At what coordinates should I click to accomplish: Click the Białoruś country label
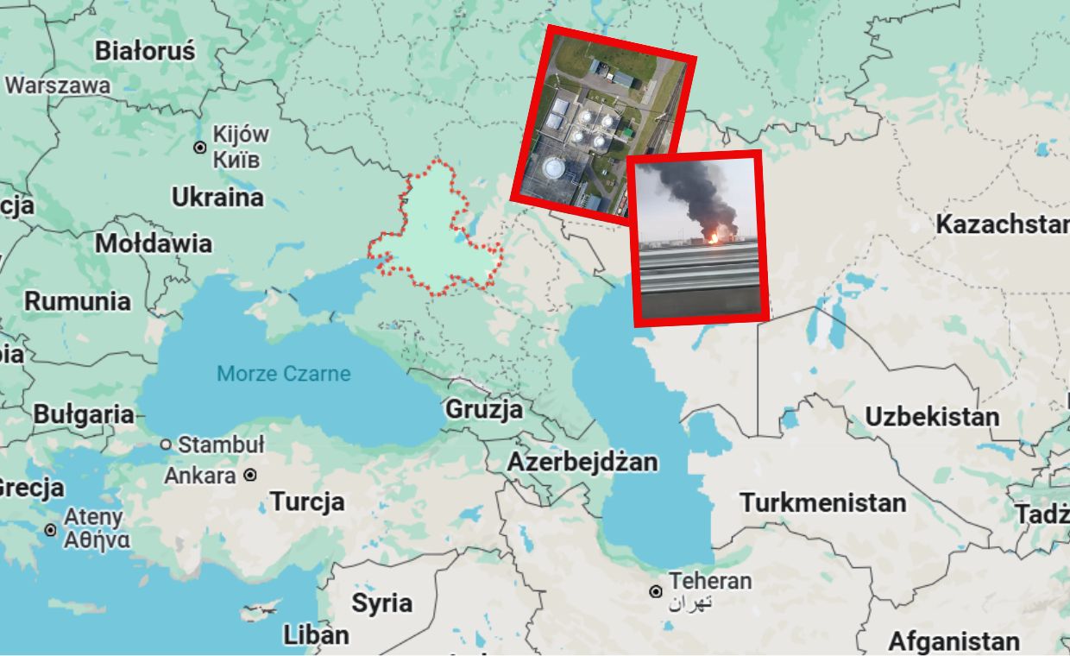[x=145, y=51]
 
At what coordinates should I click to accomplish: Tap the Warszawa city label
[x=58, y=86]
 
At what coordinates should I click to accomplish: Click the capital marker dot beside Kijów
[x=200, y=148]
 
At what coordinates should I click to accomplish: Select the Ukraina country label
[x=217, y=198]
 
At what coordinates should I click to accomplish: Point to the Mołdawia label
[x=154, y=243]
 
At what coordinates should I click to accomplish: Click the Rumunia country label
[x=78, y=301]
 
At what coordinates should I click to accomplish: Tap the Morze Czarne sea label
[x=284, y=374]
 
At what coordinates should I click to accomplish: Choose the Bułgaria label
[x=85, y=415]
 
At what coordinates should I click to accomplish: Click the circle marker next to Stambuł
[x=167, y=445]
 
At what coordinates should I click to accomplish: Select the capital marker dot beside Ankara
[x=250, y=475]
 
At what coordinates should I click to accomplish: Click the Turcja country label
[x=307, y=501]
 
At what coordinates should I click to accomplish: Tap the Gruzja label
[x=484, y=409]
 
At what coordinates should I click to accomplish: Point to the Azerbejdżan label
[x=582, y=462]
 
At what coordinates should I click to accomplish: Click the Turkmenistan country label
[x=823, y=502]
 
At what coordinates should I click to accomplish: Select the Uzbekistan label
[x=932, y=417]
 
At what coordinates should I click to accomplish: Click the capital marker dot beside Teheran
[x=656, y=591]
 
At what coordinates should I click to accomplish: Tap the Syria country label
[x=381, y=602]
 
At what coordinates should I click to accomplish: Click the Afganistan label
[x=954, y=641]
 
